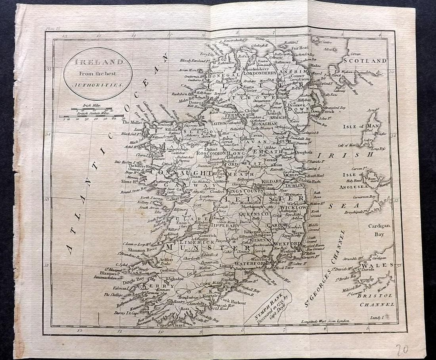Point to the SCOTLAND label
coord(364,61)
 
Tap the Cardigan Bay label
coord(380,229)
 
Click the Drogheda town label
coord(314,152)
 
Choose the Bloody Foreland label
coord(194,61)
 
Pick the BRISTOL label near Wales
coord(380,295)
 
